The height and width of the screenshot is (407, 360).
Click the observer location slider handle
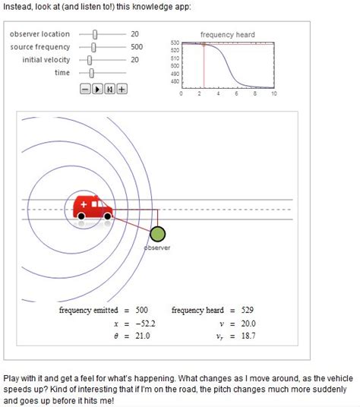[95, 34]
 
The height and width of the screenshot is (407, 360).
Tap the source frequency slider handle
[93, 47]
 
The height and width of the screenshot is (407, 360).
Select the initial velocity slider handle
[90, 60]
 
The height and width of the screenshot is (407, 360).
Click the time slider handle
[91, 73]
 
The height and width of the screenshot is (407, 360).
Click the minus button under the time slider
[85, 90]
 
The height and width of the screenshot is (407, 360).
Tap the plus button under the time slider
[122, 90]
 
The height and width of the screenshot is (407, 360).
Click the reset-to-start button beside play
[110, 90]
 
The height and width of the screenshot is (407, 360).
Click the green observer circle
[157, 234]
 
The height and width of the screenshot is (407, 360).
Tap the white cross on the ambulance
[84, 204]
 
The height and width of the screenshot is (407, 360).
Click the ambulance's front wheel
[108, 216]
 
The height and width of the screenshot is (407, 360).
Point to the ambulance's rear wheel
[81, 216]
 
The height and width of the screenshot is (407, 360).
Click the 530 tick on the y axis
[175, 43]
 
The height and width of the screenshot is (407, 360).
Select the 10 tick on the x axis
[274, 93]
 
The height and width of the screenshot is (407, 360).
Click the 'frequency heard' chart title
[228, 35]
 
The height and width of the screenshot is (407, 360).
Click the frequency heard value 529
[248, 310]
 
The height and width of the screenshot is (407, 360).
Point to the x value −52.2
[145, 323]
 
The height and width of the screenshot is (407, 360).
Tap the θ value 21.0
[143, 336]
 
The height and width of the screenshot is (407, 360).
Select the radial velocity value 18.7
[248, 336]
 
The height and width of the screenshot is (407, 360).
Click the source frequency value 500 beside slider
[137, 47]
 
